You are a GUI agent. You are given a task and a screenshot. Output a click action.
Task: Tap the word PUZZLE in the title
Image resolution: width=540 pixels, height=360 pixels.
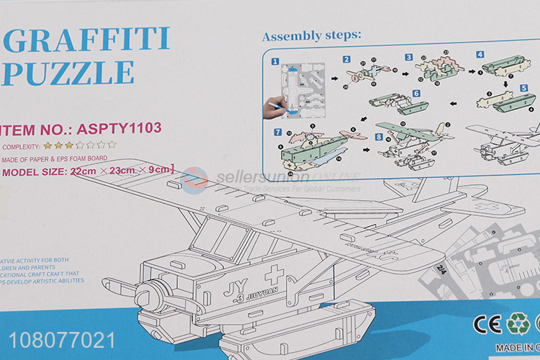coord(68,73)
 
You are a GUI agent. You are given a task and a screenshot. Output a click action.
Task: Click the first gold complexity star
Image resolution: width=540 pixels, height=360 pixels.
coord(48,145)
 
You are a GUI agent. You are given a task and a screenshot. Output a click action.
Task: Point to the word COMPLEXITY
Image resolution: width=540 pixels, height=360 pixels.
coord(22,146)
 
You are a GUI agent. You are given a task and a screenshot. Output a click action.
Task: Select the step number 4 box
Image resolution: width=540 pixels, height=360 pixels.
coord(480,55)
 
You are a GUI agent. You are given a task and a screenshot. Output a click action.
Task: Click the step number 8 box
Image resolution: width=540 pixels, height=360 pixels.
coord(379,137)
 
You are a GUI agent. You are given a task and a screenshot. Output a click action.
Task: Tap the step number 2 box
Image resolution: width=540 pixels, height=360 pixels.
coord(346,59)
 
